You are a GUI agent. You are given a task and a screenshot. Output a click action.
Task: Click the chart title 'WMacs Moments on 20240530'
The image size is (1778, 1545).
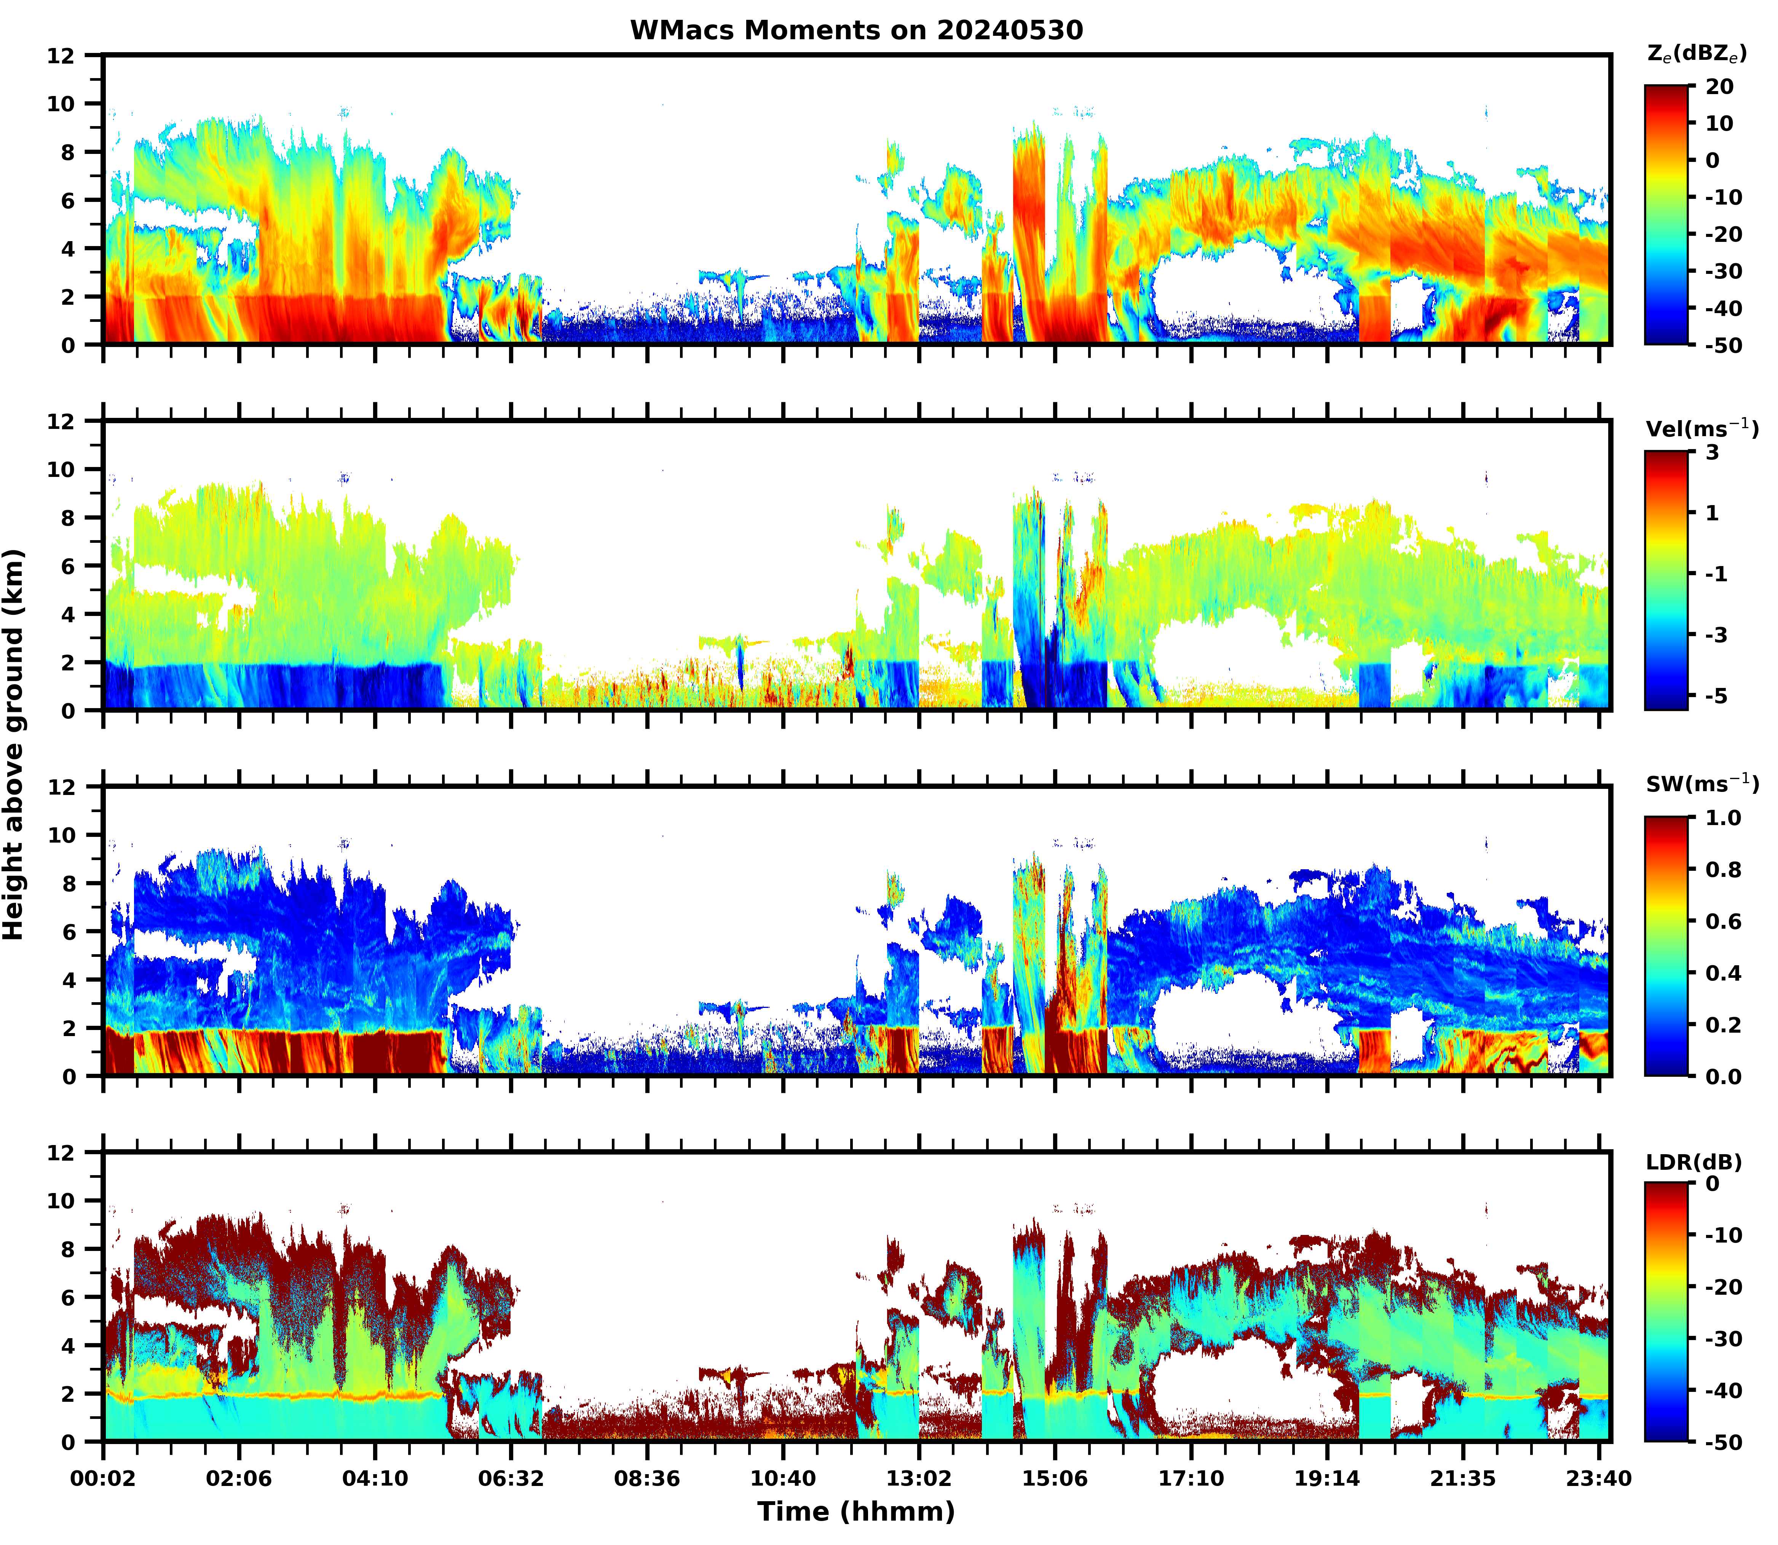point(856,30)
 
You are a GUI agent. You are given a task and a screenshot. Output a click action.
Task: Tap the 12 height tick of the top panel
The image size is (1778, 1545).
point(63,55)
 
